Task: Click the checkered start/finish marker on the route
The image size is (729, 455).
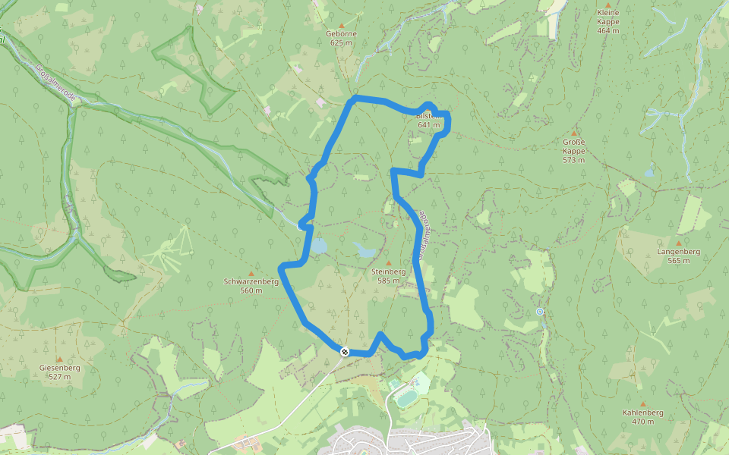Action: pos(345,351)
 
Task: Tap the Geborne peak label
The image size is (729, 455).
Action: pos(341,33)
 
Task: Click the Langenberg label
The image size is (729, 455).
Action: pos(679,251)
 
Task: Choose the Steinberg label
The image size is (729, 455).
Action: pos(388,271)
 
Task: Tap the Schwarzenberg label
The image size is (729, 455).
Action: pos(251,281)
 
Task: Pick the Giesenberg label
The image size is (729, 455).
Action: pos(60,368)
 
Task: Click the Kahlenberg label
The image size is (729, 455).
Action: pos(642,413)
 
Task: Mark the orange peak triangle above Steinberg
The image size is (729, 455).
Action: pos(388,262)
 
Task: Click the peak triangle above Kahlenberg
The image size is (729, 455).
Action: pos(643,404)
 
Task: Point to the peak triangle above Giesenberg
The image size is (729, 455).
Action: pos(59,359)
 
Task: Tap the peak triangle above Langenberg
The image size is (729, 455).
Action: pos(678,243)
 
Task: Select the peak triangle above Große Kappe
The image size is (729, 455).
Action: pos(573,133)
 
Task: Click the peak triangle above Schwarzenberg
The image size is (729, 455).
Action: pos(251,272)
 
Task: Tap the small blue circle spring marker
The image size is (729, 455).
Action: pos(540,312)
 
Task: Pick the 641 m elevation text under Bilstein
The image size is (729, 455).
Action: pos(428,124)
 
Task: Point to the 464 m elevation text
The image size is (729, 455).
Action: pos(608,31)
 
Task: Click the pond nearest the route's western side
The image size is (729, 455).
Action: pos(317,246)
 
